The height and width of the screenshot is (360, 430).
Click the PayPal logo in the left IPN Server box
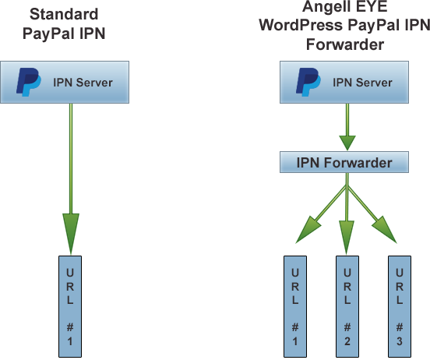(x=30, y=83)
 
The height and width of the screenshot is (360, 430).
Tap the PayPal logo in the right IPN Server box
(x=309, y=83)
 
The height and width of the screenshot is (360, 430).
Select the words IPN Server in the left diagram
(x=83, y=83)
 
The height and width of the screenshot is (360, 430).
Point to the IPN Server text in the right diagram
(x=362, y=83)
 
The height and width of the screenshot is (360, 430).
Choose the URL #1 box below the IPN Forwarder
(x=294, y=305)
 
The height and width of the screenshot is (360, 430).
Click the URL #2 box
(x=347, y=305)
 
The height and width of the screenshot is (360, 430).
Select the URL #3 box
(x=400, y=305)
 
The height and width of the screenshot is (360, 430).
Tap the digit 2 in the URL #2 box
(x=347, y=341)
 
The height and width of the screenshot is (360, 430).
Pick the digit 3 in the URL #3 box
(x=400, y=341)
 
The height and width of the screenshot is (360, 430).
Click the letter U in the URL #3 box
(x=400, y=273)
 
